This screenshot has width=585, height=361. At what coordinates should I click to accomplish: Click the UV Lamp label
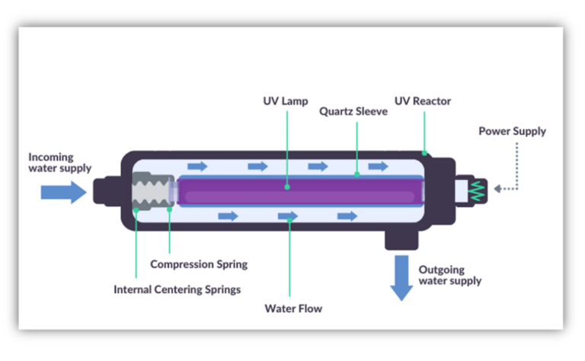point(286,101)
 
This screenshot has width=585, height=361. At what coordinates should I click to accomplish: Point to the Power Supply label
point(512,131)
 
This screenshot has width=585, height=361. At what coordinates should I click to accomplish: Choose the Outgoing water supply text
point(449,275)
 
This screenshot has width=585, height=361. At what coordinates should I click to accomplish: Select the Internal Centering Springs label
point(177,289)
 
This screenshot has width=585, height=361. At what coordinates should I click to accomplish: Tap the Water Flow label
point(293,309)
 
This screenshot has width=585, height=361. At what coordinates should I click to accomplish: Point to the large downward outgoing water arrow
point(401,279)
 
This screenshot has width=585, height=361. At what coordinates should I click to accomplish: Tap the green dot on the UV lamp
point(286,185)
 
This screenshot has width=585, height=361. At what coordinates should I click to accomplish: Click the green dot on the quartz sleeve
point(356,175)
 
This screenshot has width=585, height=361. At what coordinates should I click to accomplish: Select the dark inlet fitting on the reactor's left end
point(107,191)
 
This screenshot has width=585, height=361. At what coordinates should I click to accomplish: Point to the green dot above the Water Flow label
point(289,217)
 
